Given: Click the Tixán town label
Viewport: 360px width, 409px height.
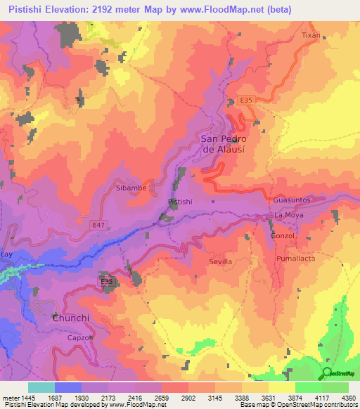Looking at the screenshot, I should (311, 34).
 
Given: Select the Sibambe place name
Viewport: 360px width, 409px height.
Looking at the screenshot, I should (129, 188).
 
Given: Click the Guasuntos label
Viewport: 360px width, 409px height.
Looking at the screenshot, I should (292, 200).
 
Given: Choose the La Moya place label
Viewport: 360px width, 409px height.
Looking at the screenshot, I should (288, 215).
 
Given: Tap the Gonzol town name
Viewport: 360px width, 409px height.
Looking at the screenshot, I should (283, 236).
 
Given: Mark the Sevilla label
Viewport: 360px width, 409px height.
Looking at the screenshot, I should (220, 261).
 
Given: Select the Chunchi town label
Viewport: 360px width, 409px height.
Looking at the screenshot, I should (72, 318).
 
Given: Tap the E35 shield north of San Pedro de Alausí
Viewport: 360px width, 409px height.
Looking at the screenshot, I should (244, 100).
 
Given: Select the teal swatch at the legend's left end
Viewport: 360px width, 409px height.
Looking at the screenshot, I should (41, 387).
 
